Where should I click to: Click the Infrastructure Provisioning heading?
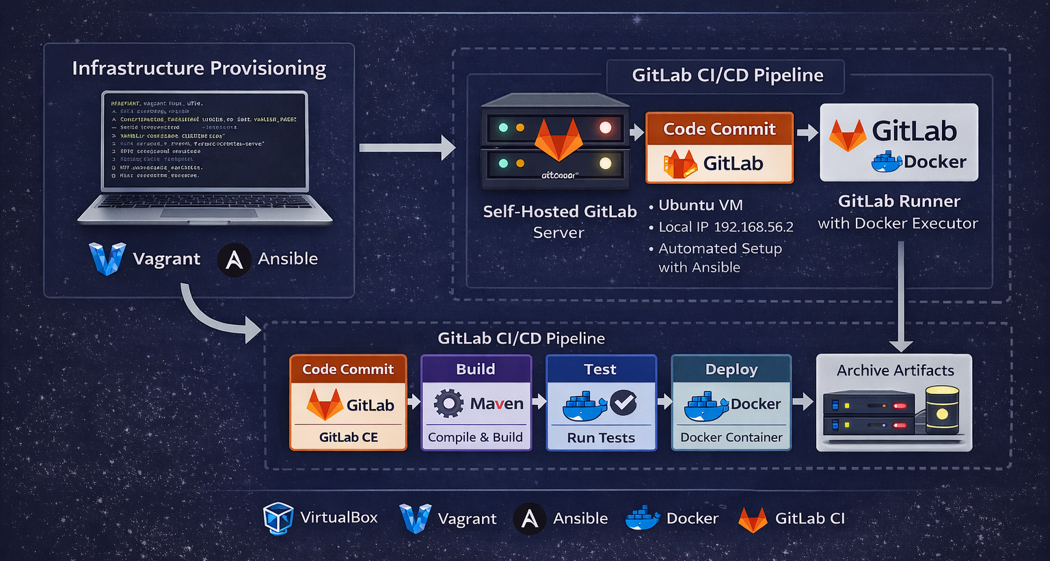coord(199,68)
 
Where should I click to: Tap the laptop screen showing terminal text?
coord(205,140)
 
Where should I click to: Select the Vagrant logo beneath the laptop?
coord(107,259)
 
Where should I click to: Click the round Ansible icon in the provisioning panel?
coord(234,260)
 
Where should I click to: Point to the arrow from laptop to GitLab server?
coord(407,147)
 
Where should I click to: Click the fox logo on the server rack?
coord(558,140)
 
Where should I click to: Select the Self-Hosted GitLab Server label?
coord(559,222)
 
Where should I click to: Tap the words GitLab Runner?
coord(899,201)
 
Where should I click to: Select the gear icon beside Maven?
coord(448,404)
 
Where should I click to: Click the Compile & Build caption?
coord(475,437)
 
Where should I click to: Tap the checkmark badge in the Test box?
coord(623,403)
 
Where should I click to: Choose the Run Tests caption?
coord(601,438)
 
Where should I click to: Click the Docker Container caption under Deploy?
coord(731,437)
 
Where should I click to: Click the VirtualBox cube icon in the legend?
coord(278,519)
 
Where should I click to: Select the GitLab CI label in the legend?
coord(809,519)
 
